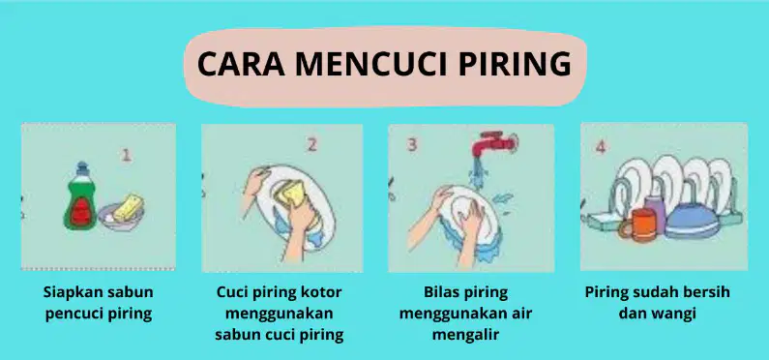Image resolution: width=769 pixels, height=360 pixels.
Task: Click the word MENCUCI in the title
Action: coord(370,64)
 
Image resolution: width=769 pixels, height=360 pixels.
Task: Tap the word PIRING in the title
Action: coord(515,64)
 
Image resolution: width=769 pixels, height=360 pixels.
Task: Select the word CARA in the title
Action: coord(241,64)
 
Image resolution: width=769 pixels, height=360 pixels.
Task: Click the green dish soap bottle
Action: coord(80,196)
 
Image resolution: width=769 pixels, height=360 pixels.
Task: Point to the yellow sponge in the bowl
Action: coord(128,207)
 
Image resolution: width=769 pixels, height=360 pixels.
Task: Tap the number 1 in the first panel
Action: coord(127,155)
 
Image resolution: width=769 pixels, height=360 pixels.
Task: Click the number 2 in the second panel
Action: coord(312,145)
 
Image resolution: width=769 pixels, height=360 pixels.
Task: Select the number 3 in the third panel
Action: coord(412,145)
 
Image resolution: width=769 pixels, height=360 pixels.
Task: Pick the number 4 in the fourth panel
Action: coord(601,147)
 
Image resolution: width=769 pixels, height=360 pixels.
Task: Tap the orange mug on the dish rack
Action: coord(636,225)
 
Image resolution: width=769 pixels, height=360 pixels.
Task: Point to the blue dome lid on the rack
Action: coord(692,220)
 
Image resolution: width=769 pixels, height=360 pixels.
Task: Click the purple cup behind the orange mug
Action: coord(655,212)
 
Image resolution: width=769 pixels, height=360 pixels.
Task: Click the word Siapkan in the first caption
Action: coord(67,292)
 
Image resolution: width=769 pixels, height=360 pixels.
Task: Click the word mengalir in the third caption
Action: coord(465,335)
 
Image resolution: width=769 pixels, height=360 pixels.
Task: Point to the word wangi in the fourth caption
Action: coord(676,314)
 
